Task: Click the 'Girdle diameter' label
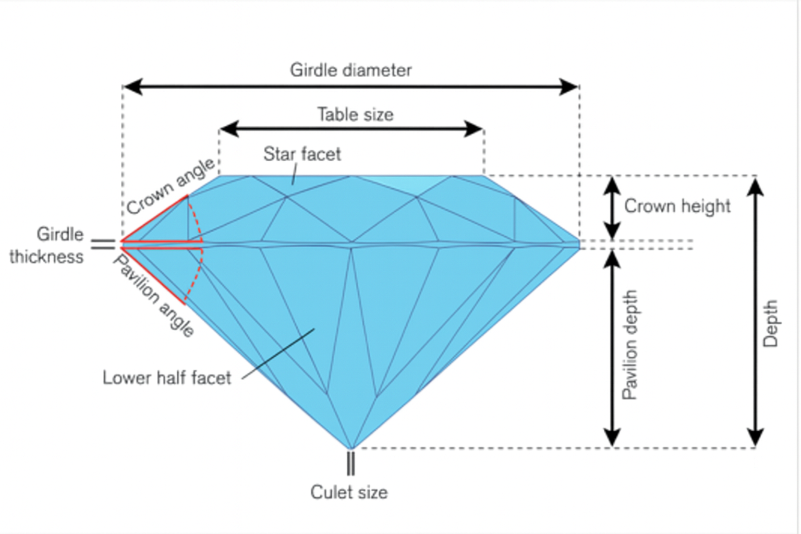tap(350, 70)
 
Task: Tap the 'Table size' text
tap(355, 114)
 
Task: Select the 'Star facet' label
tap(302, 154)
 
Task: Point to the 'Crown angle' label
tap(170, 186)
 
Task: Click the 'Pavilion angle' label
tap(154, 296)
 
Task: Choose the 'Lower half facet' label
tap(166, 378)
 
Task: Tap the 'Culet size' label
tap(349, 492)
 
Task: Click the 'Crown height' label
tap(677, 206)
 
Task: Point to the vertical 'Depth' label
tap(770, 323)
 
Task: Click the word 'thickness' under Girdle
tap(46, 257)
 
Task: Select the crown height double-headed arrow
tap(612, 208)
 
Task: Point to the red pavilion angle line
tap(152, 276)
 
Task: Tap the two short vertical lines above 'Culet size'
tap(350, 463)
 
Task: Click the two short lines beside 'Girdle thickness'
tap(103, 244)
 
